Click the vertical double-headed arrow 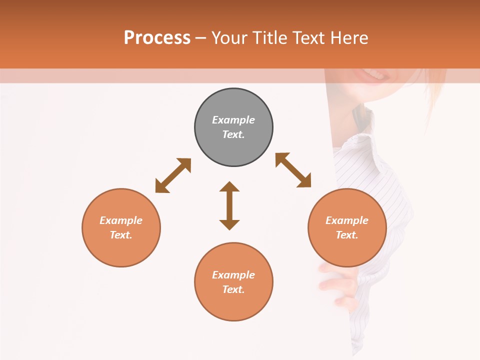[x=229, y=205]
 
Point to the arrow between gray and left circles [x=173, y=175]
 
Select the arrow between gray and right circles [x=293, y=170]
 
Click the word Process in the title [x=157, y=37]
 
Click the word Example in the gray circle [x=233, y=120]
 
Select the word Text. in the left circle [x=121, y=235]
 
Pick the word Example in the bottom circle [x=233, y=275]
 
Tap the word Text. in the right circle [x=347, y=235]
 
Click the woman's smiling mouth [x=372, y=75]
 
